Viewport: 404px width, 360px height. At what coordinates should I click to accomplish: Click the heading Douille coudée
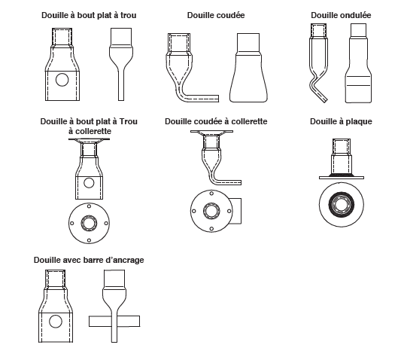pyautogui.click(x=216, y=16)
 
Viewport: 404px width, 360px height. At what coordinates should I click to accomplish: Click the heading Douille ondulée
pyautogui.click(x=341, y=16)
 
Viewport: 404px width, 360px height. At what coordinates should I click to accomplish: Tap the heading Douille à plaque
pyautogui.click(x=341, y=121)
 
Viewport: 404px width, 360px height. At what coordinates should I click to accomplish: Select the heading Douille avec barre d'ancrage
pyautogui.click(x=89, y=260)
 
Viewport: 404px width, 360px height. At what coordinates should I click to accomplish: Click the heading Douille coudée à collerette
pyautogui.click(x=216, y=121)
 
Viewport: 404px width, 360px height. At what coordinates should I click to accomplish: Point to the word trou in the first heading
pyautogui.click(x=128, y=16)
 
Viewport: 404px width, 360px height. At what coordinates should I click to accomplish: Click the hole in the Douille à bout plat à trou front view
pyautogui.click(x=62, y=80)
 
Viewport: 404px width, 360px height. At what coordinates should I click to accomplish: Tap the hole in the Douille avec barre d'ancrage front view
pyautogui.click(x=56, y=322)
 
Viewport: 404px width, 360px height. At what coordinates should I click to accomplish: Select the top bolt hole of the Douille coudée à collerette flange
pyautogui.click(x=211, y=194)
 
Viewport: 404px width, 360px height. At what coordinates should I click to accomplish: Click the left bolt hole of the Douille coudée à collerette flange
pyautogui.click(x=194, y=211)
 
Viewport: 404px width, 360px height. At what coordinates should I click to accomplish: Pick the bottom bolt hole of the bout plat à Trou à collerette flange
pyautogui.click(x=89, y=240)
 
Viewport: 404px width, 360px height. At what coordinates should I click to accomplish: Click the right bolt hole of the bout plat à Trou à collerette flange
pyautogui.click(x=106, y=224)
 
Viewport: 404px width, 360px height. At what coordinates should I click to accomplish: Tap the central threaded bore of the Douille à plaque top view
pyautogui.click(x=342, y=205)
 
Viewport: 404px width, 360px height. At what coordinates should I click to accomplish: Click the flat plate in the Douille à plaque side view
pyautogui.click(x=342, y=178)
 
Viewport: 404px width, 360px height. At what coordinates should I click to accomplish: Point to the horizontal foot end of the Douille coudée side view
pyautogui.click(x=204, y=99)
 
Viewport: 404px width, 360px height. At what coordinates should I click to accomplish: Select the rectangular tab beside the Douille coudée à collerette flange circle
pyautogui.click(x=236, y=211)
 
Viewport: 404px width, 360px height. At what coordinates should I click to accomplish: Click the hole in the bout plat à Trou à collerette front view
pyautogui.click(x=89, y=183)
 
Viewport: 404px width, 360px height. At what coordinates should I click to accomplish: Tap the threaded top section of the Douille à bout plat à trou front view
pyautogui.click(x=62, y=38)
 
